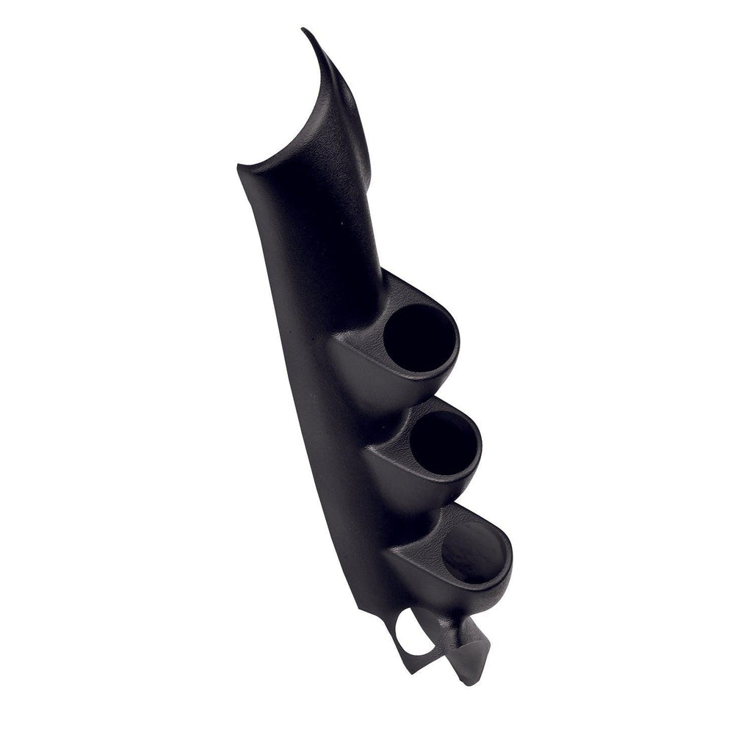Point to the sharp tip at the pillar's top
click(x=305, y=31)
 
